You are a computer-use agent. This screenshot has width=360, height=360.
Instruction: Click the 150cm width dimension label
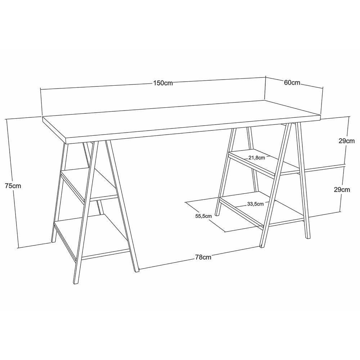[163, 83]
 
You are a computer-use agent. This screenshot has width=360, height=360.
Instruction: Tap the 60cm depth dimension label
[292, 83]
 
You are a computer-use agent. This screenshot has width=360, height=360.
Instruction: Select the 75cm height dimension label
[13, 186]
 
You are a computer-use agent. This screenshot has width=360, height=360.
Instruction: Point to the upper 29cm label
[346, 141]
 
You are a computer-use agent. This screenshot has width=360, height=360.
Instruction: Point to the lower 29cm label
[342, 190]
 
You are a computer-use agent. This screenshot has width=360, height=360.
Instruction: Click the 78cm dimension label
[203, 257]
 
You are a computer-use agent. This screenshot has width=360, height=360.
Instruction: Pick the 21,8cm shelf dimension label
[256, 157]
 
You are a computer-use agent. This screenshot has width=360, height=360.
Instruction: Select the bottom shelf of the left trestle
[92, 236]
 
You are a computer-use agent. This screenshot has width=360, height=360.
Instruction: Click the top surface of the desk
[180, 119]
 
